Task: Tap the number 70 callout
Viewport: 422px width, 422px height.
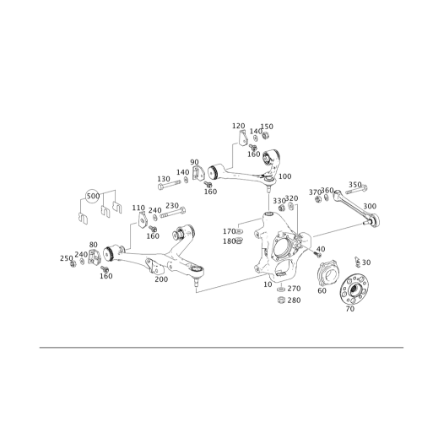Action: [349, 310]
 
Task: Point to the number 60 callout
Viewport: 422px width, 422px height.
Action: [322, 292]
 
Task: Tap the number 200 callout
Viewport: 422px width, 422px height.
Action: [369, 205]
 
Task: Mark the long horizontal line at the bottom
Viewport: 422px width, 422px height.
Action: [211, 346]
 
